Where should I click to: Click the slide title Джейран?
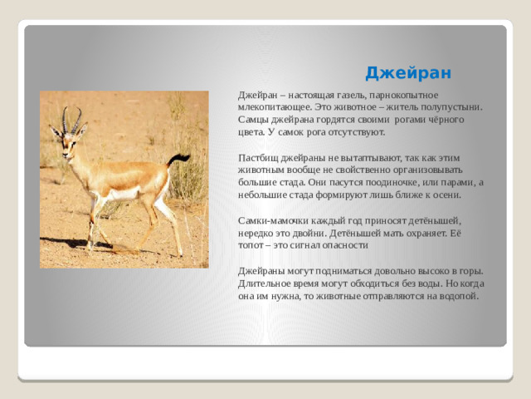tap(408, 73)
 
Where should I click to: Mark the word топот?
tap(251, 245)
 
